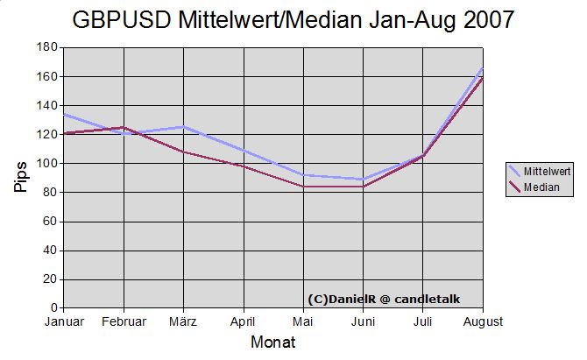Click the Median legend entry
point(541,187)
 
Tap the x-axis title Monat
point(272,342)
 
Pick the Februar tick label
point(124,321)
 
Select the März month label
point(183,321)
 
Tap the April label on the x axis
point(244,321)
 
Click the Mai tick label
point(303,321)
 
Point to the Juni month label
point(363,321)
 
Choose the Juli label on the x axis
point(423,321)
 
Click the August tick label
point(483,321)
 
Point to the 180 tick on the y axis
point(47,47)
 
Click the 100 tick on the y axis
point(47,164)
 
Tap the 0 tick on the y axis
point(53,308)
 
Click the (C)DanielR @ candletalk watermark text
point(384,299)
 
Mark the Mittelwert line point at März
point(183,127)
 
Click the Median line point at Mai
point(303,187)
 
